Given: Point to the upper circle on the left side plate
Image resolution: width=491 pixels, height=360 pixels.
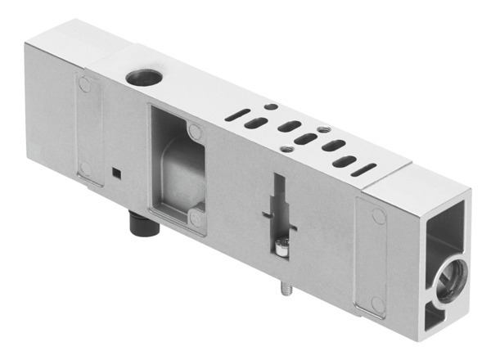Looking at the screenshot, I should coord(84,83).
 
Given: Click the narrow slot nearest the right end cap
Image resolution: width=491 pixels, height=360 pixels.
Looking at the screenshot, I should coord(363,169).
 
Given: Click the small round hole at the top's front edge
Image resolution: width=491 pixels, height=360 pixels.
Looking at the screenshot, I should coord(286,148).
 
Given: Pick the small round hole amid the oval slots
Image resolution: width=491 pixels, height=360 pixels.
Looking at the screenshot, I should coord(323,129).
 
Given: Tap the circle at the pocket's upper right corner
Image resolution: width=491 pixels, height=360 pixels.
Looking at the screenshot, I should coord(193,130).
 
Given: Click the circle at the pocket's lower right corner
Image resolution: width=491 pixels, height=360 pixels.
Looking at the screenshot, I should coord(195,218).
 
